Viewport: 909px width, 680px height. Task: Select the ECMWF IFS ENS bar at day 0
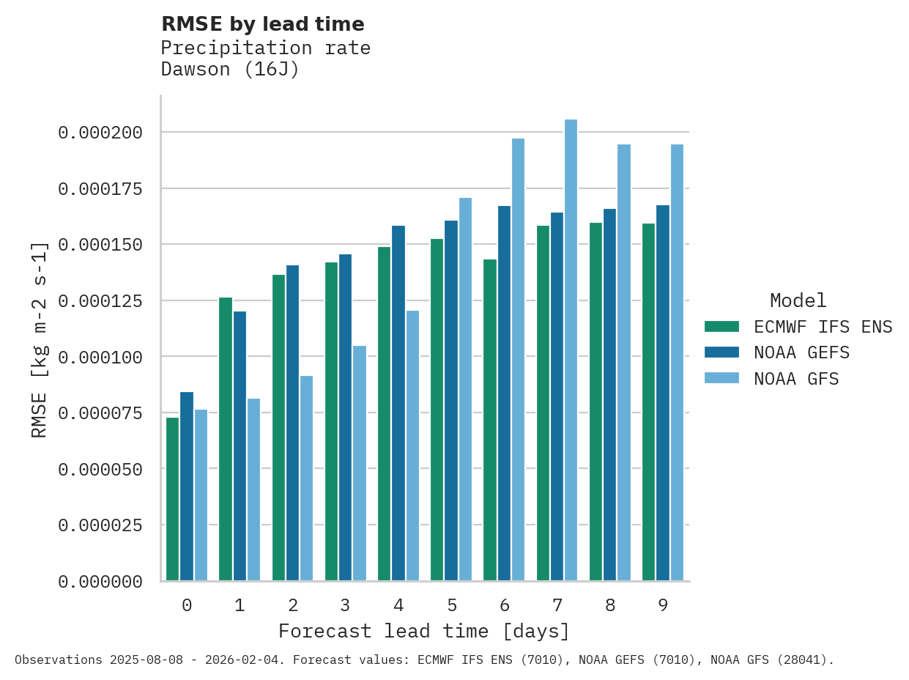click(x=173, y=499)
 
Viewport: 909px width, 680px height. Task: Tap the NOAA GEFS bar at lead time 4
click(x=398, y=403)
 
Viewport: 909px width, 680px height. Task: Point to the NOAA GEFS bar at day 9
click(x=663, y=393)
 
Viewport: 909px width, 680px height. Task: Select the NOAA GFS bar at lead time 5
click(x=465, y=389)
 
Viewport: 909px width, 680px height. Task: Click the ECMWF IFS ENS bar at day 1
click(x=226, y=439)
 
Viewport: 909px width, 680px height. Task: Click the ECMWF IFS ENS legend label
click(x=823, y=327)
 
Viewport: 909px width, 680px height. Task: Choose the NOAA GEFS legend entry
click(x=801, y=352)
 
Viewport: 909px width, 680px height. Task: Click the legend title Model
click(x=798, y=300)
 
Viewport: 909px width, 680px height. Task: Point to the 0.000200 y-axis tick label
click(x=100, y=133)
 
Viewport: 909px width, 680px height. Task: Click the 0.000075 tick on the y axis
click(x=100, y=413)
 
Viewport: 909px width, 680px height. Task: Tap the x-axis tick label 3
click(x=346, y=605)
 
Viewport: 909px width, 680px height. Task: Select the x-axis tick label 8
click(x=610, y=605)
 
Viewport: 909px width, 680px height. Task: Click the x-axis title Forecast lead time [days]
click(x=424, y=631)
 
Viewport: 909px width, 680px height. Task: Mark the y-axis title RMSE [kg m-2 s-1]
click(x=40, y=339)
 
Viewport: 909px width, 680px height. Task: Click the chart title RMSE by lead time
click(x=262, y=24)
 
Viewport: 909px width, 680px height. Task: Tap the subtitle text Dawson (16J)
click(x=230, y=70)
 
